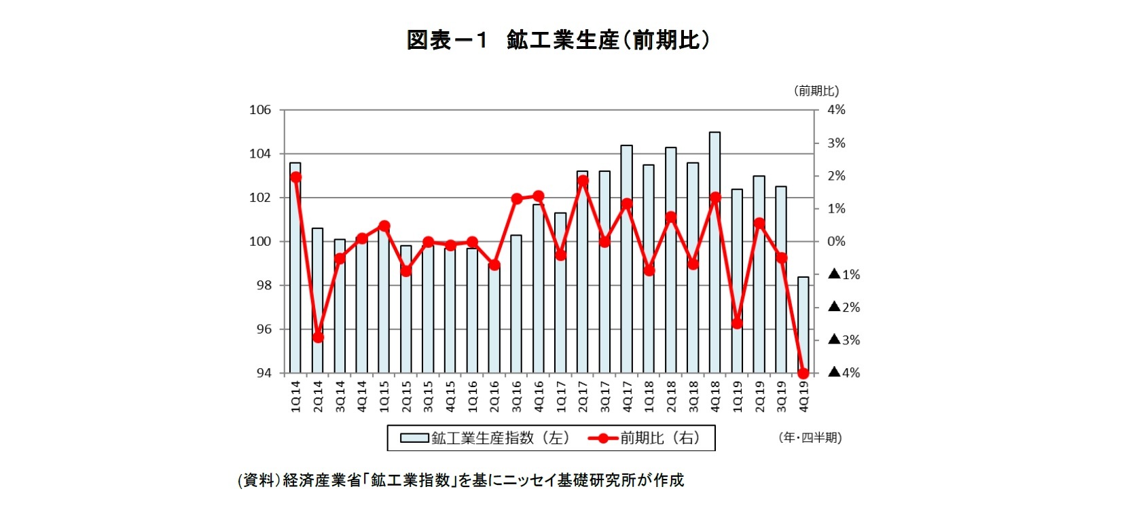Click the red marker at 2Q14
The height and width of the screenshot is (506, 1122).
pyautogui.click(x=318, y=337)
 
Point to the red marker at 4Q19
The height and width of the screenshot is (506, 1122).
pyautogui.click(x=803, y=373)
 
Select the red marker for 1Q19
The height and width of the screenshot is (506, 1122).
pyautogui.click(x=737, y=323)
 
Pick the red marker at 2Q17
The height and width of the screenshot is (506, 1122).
pyautogui.click(x=583, y=181)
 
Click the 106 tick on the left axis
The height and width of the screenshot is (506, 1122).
pyautogui.click(x=259, y=110)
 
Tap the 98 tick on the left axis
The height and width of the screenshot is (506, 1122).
pyautogui.click(x=262, y=285)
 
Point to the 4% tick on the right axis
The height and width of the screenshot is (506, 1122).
pyautogui.click(x=836, y=110)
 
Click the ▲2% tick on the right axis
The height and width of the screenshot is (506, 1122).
pyautogui.click(x=844, y=307)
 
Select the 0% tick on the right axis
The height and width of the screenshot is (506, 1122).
pyautogui.click(x=836, y=242)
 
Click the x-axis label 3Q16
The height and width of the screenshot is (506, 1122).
pyautogui.click(x=516, y=396)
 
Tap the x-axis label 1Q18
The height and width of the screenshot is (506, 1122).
pyautogui.click(x=649, y=396)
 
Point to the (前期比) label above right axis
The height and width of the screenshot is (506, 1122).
pyautogui.click(x=816, y=90)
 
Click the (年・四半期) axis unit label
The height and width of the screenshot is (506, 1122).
pyautogui.click(x=810, y=438)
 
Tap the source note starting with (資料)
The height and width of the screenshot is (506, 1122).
pyautogui.click(x=460, y=480)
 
